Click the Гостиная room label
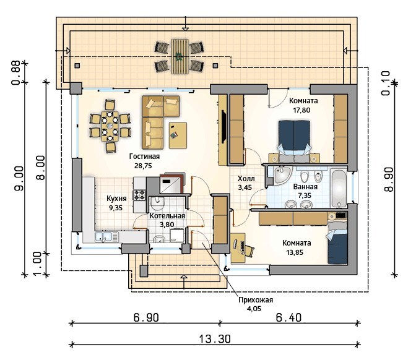point(144,156)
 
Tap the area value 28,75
point(143,166)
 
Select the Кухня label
point(116,199)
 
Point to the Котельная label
point(167,216)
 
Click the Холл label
point(246,179)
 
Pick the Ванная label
point(305,187)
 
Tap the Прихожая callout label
point(256,300)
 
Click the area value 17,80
point(301,110)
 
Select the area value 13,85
point(295,252)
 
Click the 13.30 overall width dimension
point(215,339)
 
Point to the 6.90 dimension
point(146,317)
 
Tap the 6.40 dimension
point(288,317)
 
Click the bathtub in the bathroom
point(339,188)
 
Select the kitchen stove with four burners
point(139,195)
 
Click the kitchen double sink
point(106,237)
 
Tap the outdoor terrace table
point(180,56)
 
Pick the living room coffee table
point(178,135)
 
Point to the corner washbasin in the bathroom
point(282,174)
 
